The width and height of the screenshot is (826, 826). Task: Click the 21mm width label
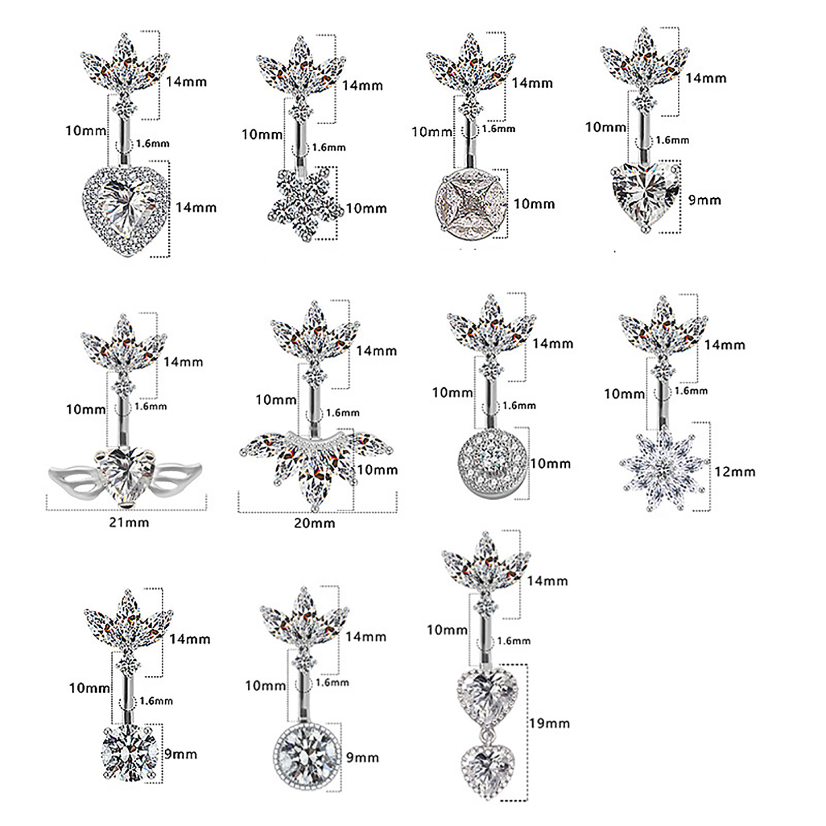click(x=129, y=522)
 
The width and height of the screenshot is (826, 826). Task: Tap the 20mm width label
click(x=314, y=523)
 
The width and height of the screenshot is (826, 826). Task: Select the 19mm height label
click(x=549, y=723)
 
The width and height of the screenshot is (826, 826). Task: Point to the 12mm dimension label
click(x=735, y=472)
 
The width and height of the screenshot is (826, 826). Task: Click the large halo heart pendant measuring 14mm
click(x=126, y=210)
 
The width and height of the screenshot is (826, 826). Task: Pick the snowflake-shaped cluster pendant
click(x=306, y=203)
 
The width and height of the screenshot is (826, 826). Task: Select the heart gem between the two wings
click(x=125, y=475)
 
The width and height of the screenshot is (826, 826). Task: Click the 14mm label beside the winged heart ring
click(x=183, y=362)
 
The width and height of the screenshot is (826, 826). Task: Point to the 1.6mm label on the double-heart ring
click(x=514, y=641)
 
